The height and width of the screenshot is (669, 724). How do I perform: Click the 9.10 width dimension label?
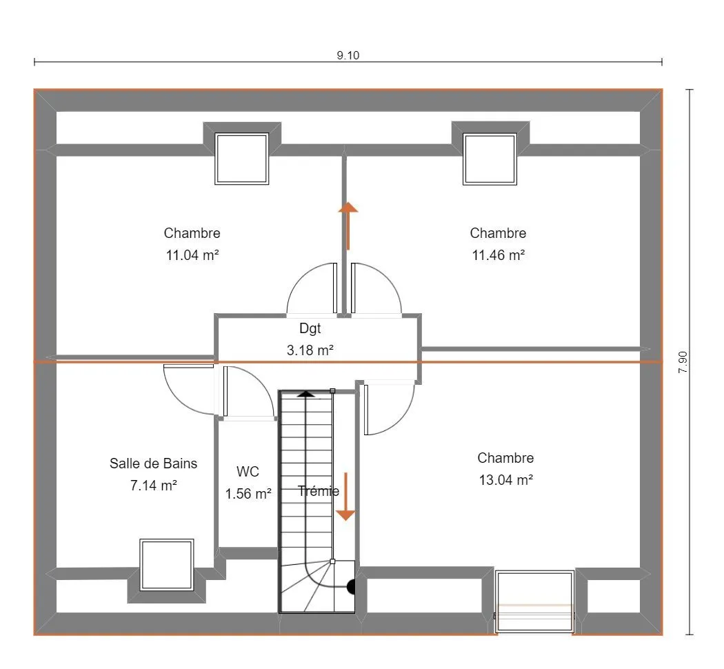tap(348, 55)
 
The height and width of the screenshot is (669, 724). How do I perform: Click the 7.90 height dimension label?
tap(683, 363)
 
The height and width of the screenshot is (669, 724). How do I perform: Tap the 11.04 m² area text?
tap(192, 255)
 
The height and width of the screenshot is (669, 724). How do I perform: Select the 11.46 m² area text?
tap(499, 255)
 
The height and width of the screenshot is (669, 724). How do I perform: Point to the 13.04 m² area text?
tap(506, 480)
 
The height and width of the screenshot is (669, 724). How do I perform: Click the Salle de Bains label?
tap(153, 463)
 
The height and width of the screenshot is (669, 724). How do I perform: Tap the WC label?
tap(248, 471)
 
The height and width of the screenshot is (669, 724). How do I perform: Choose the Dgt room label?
tap(310, 329)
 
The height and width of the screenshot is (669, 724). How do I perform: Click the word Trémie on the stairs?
tap(319, 491)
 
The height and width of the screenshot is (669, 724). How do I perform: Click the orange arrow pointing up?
tap(348, 226)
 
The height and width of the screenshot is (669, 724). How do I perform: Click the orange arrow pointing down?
tap(345, 497)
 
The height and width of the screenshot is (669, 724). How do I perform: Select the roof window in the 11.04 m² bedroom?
tap(242, 159)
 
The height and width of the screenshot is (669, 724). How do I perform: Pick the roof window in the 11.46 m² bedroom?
tap(490, 159)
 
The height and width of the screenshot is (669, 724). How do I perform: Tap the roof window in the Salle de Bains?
tap(167, 565)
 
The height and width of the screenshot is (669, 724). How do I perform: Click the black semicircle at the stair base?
tap(351, 587)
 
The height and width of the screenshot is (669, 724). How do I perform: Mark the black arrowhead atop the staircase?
tap(305, 394)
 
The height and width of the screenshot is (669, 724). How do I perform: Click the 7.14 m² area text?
tap(153, 486)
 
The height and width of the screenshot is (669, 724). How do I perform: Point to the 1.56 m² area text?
tap(248, 494)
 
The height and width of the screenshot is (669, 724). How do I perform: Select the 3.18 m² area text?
tap(310, 350)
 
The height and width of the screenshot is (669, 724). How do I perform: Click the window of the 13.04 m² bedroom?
tap(534, 601)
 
